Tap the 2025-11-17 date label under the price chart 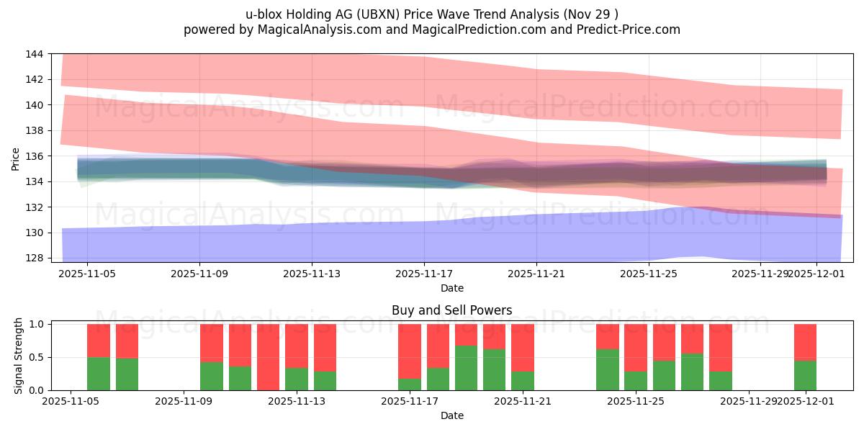(424, 274)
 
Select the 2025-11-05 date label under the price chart (87, 274)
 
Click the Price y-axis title (16, 158)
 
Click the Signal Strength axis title (19, 357)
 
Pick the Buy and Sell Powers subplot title (451, 310)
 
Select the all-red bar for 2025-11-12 (268, 357)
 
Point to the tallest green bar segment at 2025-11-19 (466, 368)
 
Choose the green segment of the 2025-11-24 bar (607, 369)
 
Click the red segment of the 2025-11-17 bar (410, 351)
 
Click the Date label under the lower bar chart (451, 415)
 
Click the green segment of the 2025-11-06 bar (99, 374)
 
